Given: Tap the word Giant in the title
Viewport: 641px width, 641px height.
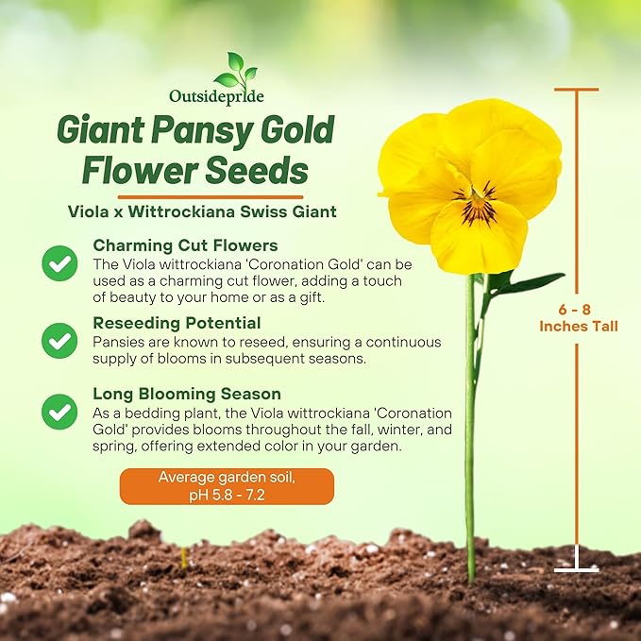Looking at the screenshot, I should click(x=105, y=130).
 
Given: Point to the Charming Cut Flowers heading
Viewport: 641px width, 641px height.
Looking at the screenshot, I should click(x=185, y=245).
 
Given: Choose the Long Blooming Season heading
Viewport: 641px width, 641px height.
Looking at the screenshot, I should click(x=187, y=394).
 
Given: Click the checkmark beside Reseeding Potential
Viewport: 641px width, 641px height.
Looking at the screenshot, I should click(x=59, y=337).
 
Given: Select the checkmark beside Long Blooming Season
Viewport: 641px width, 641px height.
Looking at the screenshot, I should click(x=59, y=412).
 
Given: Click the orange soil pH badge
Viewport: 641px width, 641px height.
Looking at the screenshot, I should click(x=227, y=486).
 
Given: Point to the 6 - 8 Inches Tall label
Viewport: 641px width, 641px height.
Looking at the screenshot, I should click(x=579, y=317).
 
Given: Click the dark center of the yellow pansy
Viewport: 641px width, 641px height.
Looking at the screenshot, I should click(x=478, y=200).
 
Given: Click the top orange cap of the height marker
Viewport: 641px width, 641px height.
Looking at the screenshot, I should click(x=577, y=90).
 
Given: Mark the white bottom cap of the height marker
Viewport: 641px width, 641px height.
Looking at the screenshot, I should click(x=576, y=569).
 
